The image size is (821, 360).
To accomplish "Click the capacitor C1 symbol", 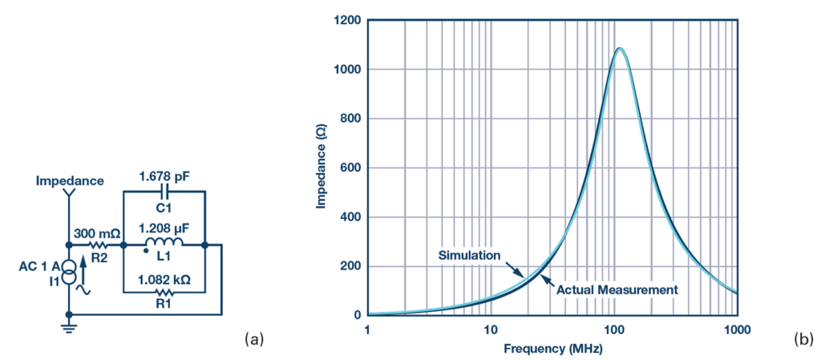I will tap(164, 192).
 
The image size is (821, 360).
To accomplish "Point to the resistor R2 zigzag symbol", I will tap(97, 245).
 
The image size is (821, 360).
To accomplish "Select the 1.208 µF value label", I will tap(164, 228).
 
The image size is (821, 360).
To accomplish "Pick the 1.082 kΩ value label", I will tap(164, 281).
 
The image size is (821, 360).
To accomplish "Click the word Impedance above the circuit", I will tap(70, 180).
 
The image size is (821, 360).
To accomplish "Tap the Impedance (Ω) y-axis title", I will tap(321, 168).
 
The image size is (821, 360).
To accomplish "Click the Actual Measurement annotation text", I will tap(617, 289).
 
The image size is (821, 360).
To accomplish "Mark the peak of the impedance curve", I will tap(619, 48).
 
